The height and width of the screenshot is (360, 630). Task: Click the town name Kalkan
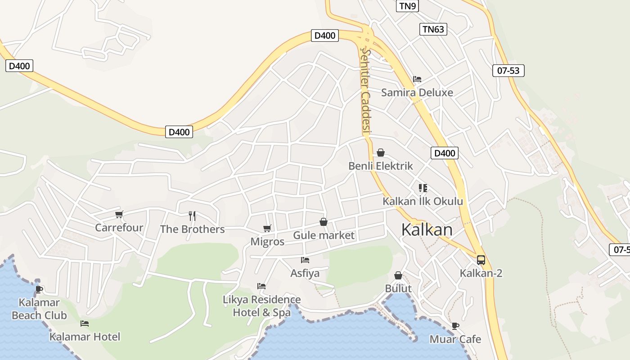(427, 229)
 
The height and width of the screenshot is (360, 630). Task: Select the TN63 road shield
(433, 29)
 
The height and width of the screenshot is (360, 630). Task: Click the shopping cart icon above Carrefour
(119, 215)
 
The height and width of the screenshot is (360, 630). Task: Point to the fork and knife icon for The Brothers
(192, 216)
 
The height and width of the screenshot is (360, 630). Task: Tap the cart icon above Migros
(267, 229)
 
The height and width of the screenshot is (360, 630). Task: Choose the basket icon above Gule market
(323, 222)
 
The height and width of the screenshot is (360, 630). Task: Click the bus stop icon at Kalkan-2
(481, 260)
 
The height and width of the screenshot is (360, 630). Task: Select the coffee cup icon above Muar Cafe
(455, 326)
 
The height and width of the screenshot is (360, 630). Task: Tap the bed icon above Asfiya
(305, 260)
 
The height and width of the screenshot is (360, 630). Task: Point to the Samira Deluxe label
(417, 93)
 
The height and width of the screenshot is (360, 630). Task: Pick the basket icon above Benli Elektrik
(381, 153)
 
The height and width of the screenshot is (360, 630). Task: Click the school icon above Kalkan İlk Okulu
(423, 188)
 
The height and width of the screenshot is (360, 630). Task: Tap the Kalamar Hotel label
(85, 337)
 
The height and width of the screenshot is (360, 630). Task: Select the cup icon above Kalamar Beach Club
(39, 289)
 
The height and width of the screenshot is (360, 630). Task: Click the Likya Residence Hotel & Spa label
(262, 306)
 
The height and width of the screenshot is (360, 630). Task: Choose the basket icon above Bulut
(398, 275)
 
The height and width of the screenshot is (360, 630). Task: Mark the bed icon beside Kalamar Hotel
(85, 324)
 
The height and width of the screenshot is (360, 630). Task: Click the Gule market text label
(324, 235)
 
